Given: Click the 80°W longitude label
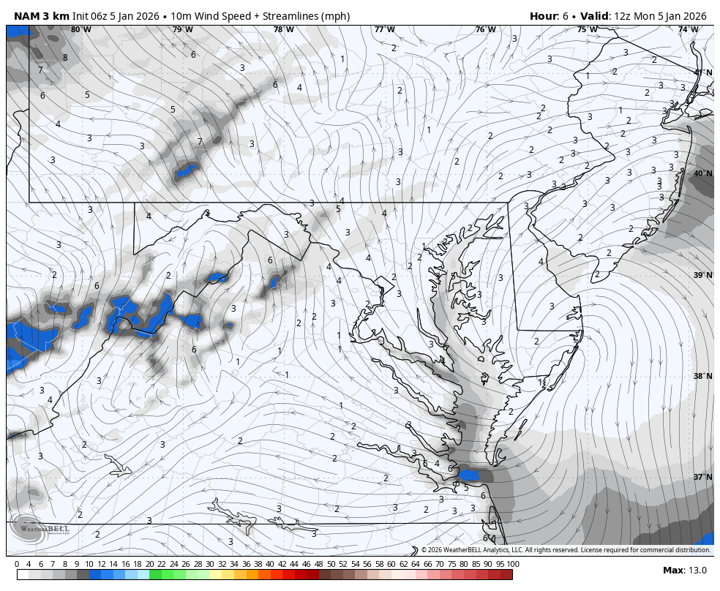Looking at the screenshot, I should click(81, 29).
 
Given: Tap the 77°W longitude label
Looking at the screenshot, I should click(384, 29).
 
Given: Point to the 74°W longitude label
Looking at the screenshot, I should click(687, 29).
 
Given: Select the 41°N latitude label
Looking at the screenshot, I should click(702, 72).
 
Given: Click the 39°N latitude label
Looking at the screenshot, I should click(702, 275).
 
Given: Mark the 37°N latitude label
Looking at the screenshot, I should click(702, 477).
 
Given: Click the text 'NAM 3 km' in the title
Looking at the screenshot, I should click(41, 16).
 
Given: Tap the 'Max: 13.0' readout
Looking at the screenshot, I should click(685, 571).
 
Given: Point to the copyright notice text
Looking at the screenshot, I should click(565, 550).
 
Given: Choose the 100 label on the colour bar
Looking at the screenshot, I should click(513, 564).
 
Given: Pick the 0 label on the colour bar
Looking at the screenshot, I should click(17, 564).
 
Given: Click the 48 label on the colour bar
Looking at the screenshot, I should click(318, 564).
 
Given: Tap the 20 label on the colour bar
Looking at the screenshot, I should click(149, 564).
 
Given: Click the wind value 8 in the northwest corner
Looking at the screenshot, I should click(65, 58).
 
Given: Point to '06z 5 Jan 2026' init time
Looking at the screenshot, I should click(119, 16).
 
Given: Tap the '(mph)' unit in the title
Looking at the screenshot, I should click(335, 16).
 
